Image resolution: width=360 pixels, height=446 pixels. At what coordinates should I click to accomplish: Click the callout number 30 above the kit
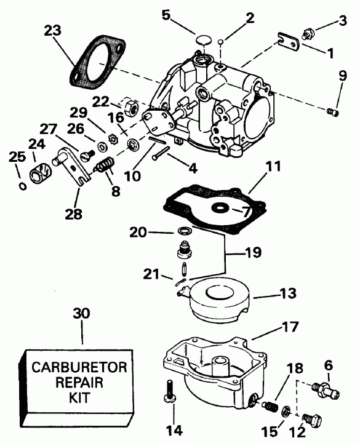coord(82,313)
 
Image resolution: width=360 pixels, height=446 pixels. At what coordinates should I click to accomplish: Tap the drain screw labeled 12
coord(313,421)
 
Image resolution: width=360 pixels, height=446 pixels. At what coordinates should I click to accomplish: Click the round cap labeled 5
coord(199,41)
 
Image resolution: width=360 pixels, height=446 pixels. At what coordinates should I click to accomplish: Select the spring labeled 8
coord(104,165)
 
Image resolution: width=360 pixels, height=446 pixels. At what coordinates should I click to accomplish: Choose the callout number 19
coord(252,252)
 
